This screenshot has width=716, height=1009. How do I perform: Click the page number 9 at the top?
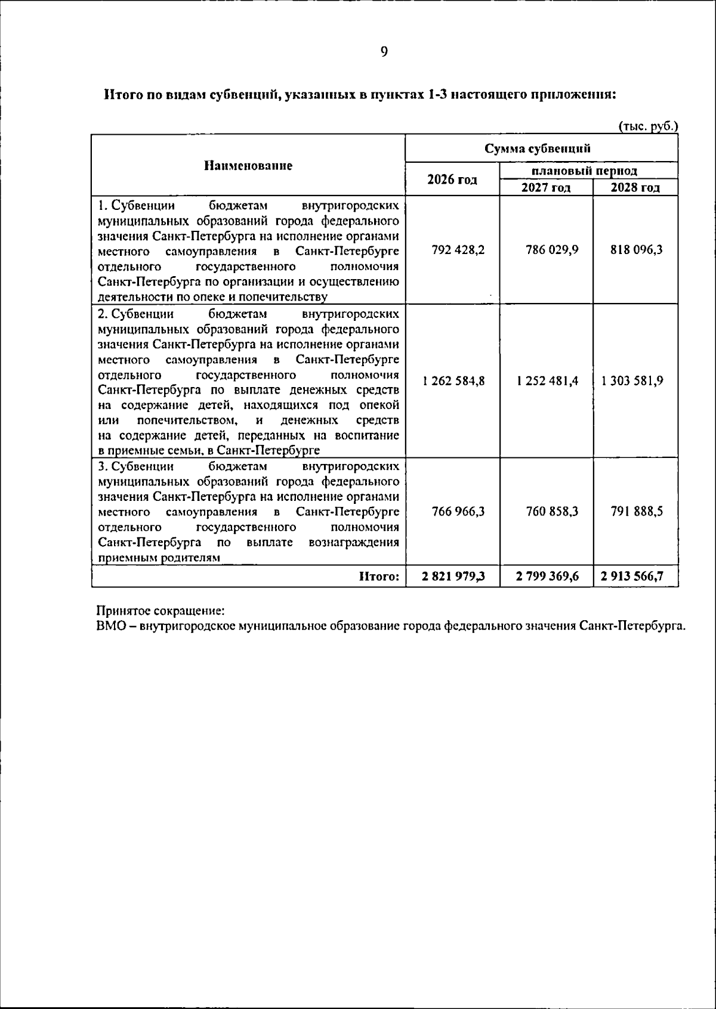[384, 52]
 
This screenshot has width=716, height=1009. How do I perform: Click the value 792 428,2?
[458, 250]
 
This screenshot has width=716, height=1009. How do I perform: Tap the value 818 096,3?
[636, 250]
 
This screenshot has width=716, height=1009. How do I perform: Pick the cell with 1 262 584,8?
[453, 381]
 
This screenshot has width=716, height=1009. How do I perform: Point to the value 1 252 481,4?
[548, 381]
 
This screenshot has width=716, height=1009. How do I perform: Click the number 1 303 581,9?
[632, 381]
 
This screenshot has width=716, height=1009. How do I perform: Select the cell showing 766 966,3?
[458, 512]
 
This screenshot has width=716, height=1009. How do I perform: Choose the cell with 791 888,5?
[636, 512]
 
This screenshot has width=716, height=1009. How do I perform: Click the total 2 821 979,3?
[453, 576]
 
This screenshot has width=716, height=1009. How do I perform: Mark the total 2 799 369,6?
[548, 576]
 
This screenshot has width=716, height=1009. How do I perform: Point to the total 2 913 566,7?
[632, 576]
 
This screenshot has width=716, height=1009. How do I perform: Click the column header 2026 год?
[452, 179]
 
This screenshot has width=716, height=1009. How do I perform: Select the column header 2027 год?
[546, 188]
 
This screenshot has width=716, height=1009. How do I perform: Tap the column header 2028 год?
[635, 188]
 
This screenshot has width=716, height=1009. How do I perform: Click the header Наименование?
[248, 166]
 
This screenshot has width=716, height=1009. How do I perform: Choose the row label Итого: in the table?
[379, 576]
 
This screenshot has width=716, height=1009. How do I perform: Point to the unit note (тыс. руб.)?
[649, 126]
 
